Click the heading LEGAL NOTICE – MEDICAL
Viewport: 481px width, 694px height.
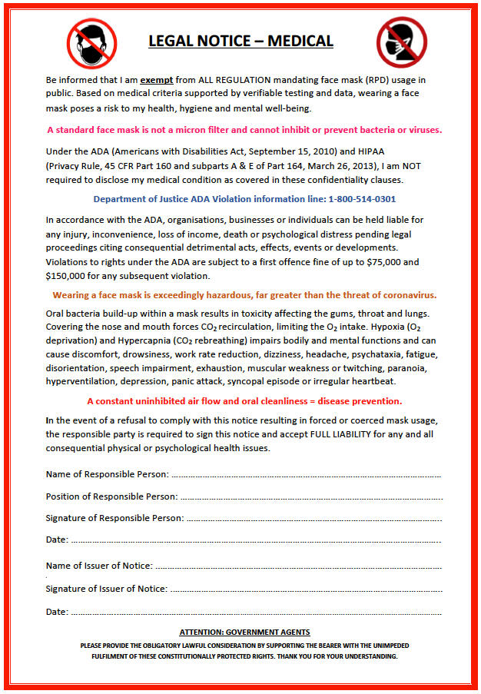pyautogui.click(x=240, y=41)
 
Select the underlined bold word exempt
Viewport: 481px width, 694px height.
pyautogui.click(x=156, y=79)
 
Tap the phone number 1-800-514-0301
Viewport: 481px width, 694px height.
pyautogui.click(x=362, y=198)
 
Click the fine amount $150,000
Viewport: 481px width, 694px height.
pyautogui.click(x=68, y=275)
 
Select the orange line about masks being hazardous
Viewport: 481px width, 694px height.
pyautogui.click(x=244, y=295)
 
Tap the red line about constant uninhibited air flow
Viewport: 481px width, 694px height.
pyautogui.click(x=244, y=401)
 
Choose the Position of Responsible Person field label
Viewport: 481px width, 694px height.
pyautogui.click(x=111, y=496)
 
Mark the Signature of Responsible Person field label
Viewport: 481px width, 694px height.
pyautogui.click(x=114, y=518)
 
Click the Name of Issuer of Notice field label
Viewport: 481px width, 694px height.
pyautogui.click(x=99, y=566)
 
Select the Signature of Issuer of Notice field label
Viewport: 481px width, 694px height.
pyautogui.click(x=106, y=589)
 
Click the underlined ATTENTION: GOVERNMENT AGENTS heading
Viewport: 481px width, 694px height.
pyautogui.click(x=244, y=632)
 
